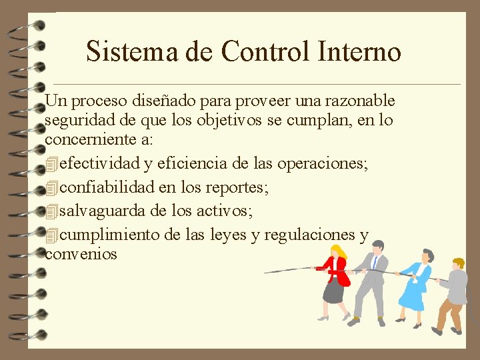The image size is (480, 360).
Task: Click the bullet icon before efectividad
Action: tap(53, 164)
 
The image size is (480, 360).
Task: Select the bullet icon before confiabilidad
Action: tap(53, 188)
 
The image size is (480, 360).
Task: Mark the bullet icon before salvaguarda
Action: tap(53, 212)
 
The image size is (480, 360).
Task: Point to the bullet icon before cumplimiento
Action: tap(53, 235)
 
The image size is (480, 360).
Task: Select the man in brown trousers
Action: tap(453, 293)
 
